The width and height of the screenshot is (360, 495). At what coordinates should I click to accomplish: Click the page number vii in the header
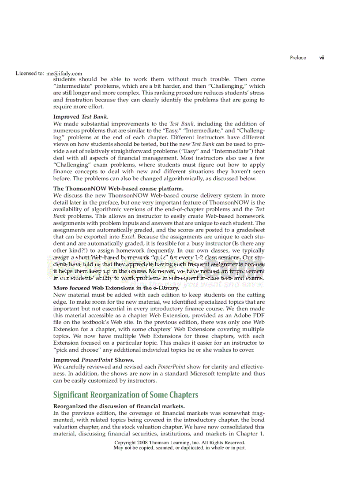322,58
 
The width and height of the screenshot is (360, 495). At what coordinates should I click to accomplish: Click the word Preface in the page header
298,58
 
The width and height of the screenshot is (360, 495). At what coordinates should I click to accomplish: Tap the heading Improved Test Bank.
81,117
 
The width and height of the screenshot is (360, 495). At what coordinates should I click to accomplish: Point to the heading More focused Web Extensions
116,288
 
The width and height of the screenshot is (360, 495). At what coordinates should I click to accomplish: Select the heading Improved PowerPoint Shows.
94,360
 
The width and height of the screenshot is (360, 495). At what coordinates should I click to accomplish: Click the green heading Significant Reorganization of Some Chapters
126,395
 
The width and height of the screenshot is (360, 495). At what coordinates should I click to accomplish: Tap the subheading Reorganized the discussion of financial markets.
119,406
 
